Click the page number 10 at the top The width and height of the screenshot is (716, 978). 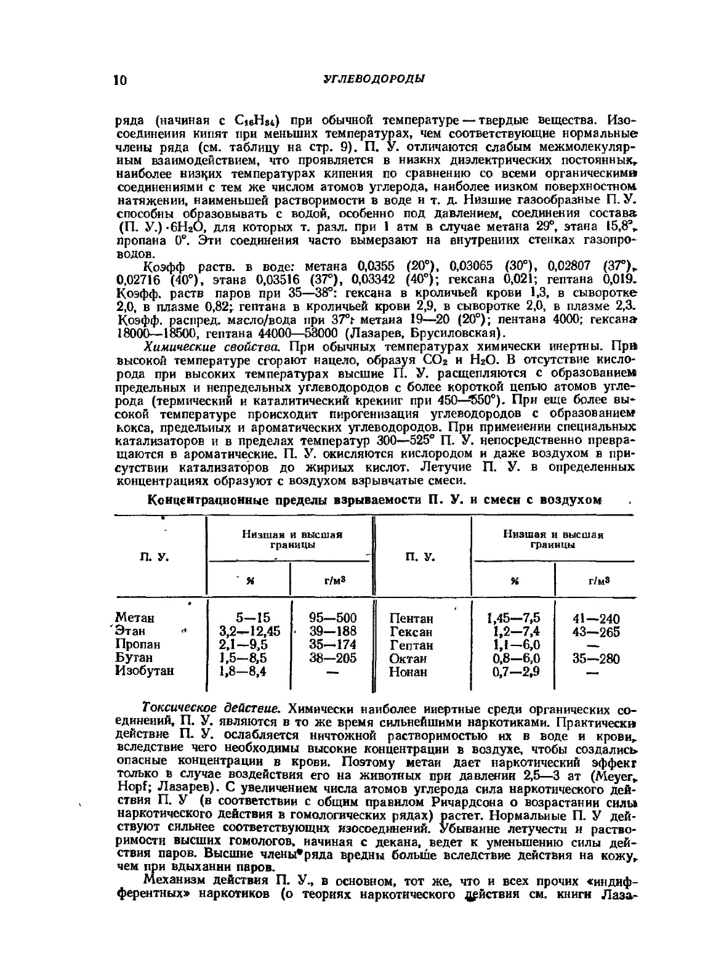(x=121, y=80)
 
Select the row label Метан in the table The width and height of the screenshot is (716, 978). (x=135, y=618)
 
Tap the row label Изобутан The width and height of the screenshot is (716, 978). (x=145, y=671)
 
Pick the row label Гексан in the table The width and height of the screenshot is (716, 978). (x=411, y=632)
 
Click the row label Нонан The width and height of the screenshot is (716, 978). (x=408, y=672)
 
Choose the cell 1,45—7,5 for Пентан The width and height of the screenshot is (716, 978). (x=513, y=618)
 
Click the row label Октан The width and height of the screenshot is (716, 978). (x=408, y=659)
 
